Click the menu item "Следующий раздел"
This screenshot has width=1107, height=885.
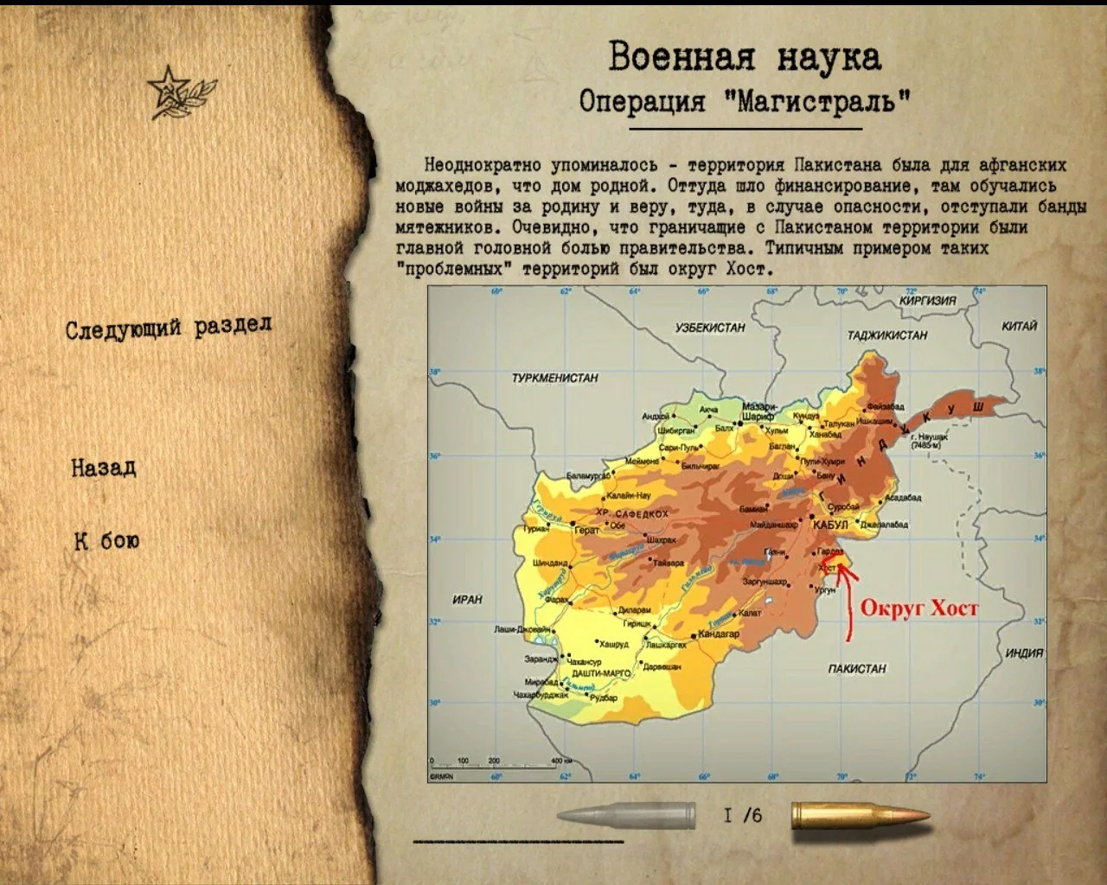(169, 328)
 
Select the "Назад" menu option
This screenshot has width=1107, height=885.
(104, 468)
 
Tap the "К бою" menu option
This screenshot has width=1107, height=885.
(106, 541)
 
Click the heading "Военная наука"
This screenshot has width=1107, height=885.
(745, 57)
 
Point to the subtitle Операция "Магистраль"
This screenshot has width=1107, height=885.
(745, 101)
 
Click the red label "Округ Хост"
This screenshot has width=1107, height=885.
(918, 608)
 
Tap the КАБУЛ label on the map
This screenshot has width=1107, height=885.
(830, 525)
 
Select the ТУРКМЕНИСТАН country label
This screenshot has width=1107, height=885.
(554, 378)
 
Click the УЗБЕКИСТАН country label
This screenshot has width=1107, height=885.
(710, 328)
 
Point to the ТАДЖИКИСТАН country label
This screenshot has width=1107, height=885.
(886, 334)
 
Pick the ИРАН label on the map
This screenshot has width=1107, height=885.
(467, 599)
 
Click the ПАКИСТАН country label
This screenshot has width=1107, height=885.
(857, 668)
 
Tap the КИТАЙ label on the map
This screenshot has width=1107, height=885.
(1019, 326)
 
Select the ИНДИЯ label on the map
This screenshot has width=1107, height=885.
(1024, 653)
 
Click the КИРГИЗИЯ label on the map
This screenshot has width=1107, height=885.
(927, 301)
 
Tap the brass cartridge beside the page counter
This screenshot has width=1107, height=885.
(860, 816)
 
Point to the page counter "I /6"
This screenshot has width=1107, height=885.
(743, 815)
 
